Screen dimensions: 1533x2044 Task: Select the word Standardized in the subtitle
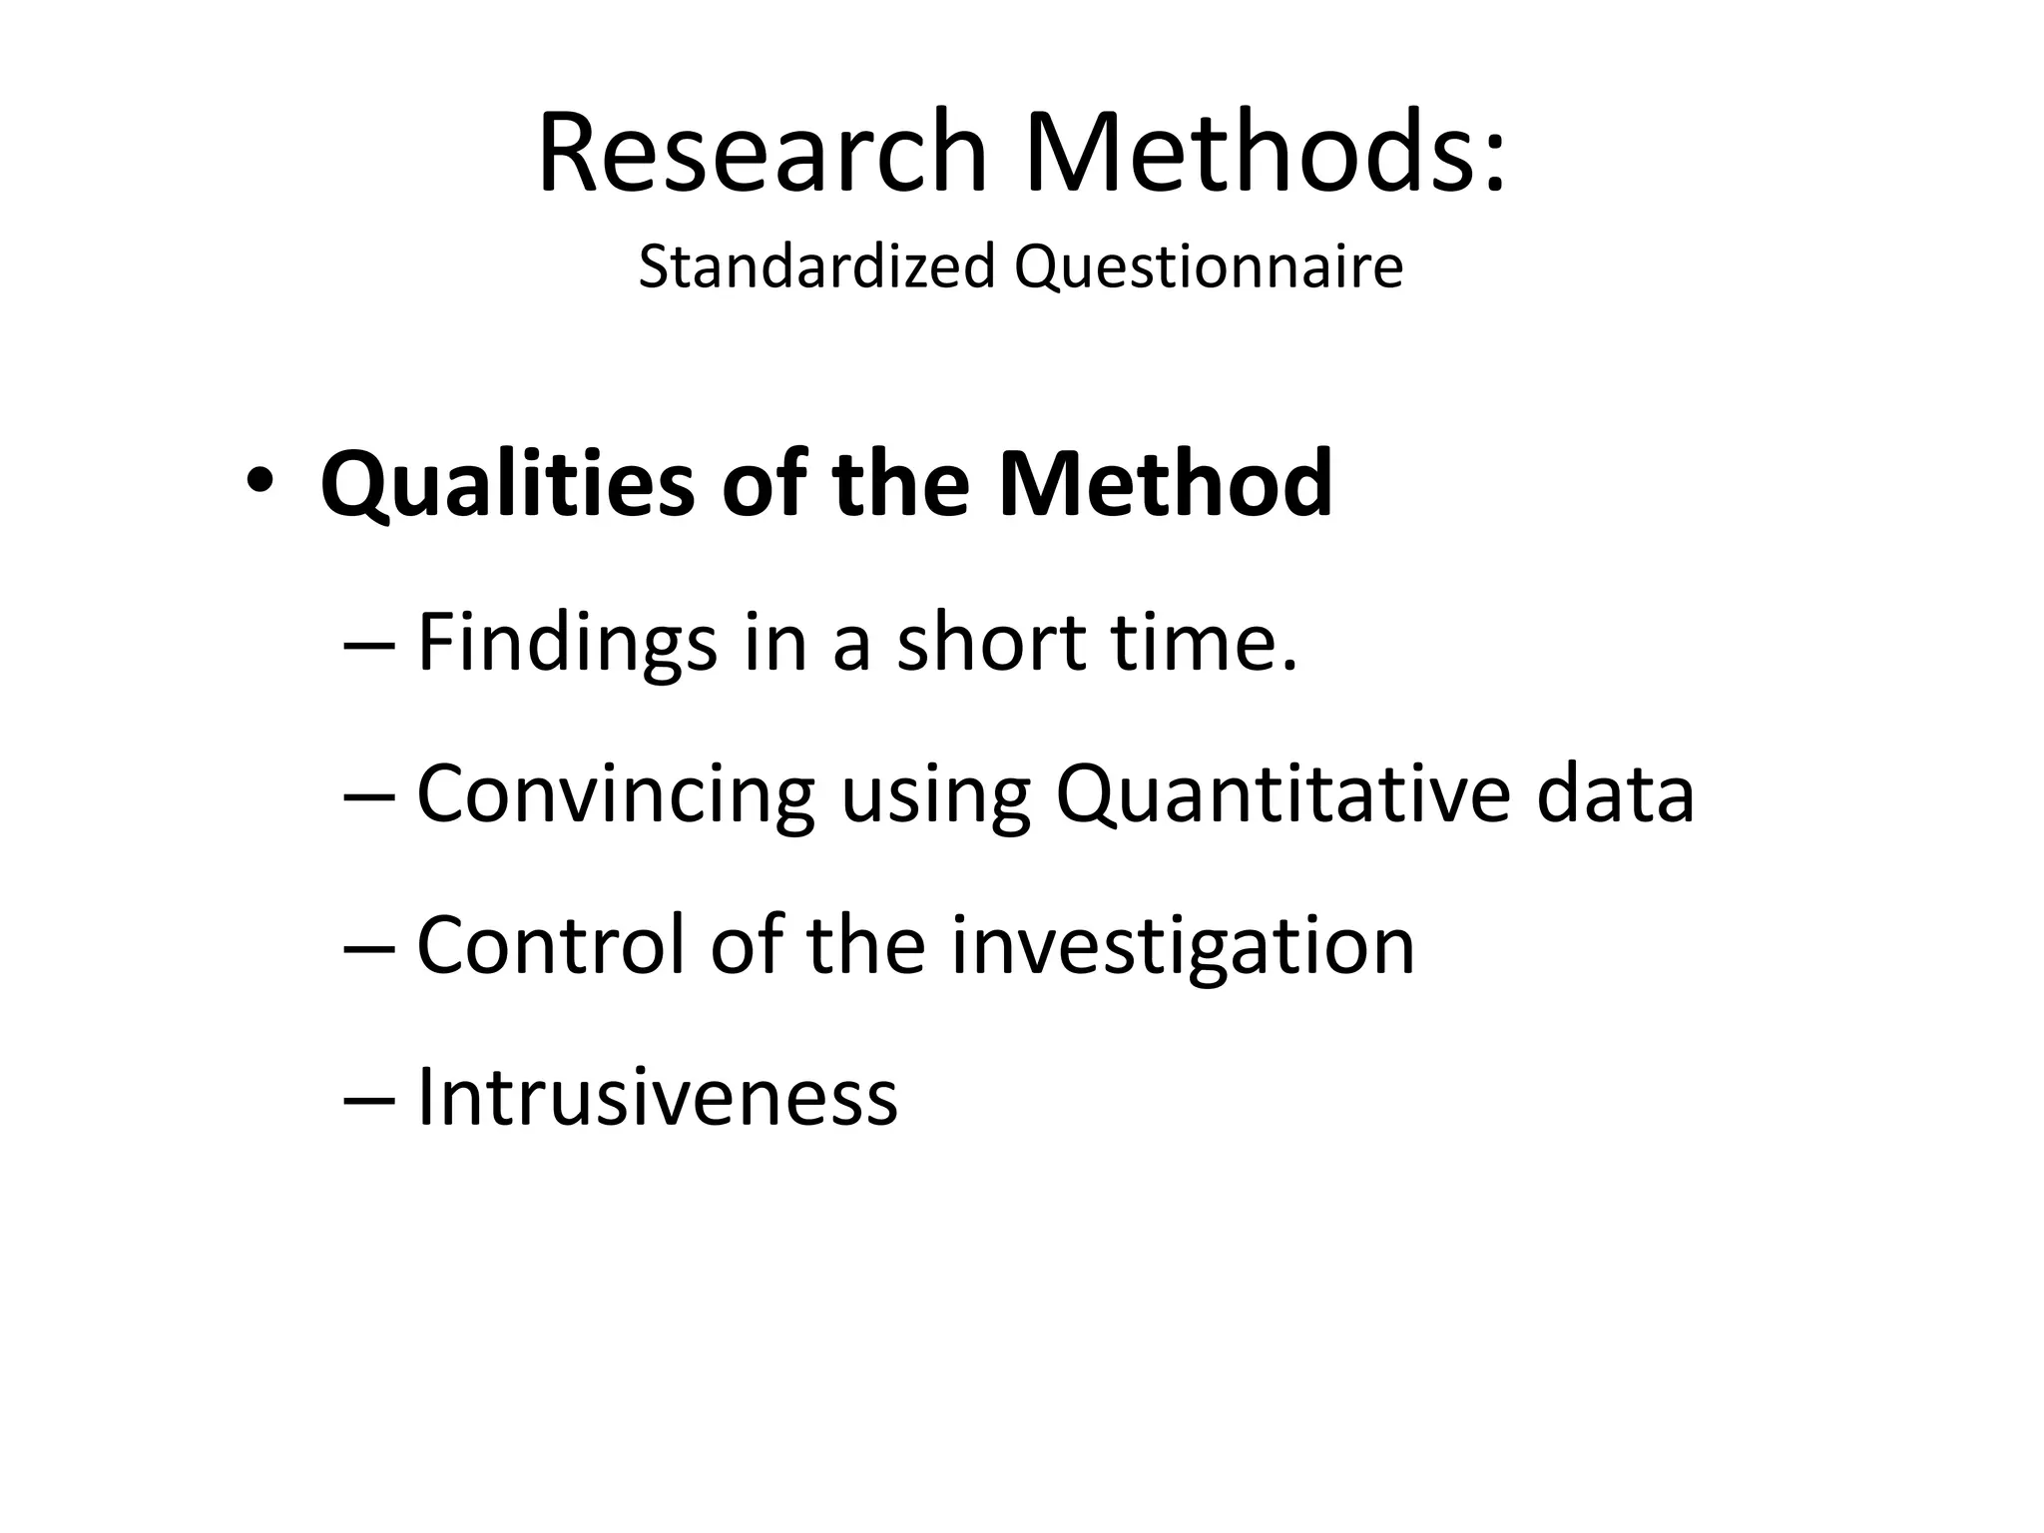click(816, 267)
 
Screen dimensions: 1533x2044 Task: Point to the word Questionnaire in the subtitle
click(1209, 267)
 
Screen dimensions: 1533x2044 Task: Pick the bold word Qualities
click(507, 486)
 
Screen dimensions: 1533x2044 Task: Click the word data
click(1615, 793)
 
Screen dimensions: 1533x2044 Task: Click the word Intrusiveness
click(657, 1097)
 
